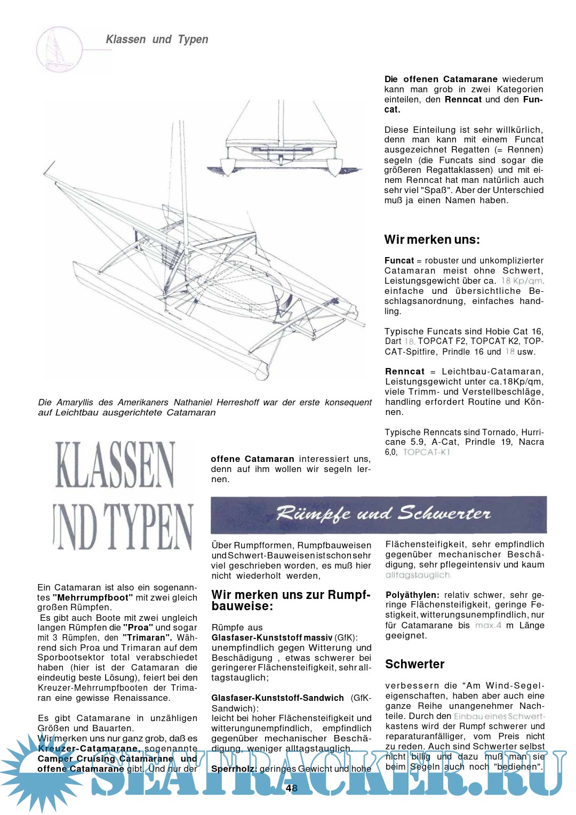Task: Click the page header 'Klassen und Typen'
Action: point(157,39)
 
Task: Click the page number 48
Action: point(291,788)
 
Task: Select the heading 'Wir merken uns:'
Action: point(432,239)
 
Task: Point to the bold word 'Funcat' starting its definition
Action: point(399,261)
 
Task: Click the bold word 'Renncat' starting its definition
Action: point(405,372)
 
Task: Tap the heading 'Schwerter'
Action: point(414,664)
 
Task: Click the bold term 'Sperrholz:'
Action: point(234,769)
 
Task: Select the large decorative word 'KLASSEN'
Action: point(115,465)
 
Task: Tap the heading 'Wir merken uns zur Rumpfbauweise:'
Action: point(291,600)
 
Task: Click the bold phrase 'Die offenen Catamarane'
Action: point(441,79)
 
